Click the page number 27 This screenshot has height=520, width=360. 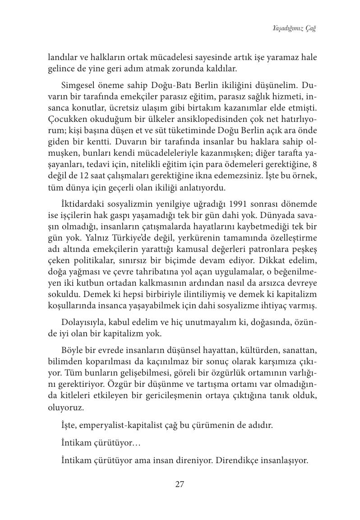(x=179, y=484)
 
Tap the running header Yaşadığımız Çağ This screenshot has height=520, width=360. (x=294, y=29)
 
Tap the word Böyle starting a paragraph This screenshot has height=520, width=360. (x=71, y=351)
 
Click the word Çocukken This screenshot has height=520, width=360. (x=65, y=119)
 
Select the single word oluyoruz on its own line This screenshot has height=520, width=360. (x=65, y=407)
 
